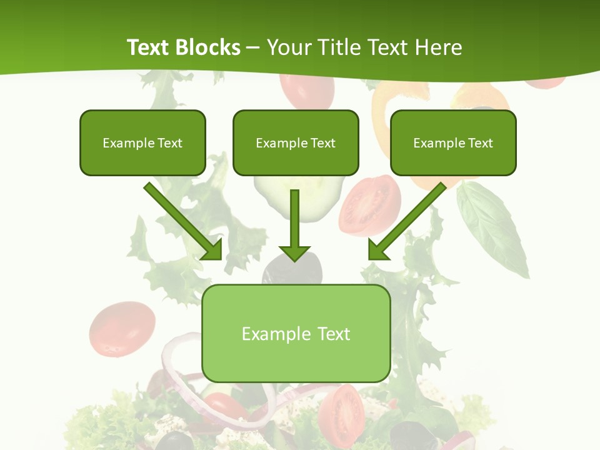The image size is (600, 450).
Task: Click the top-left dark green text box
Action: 142,142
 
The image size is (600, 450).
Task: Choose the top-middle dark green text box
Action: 296,142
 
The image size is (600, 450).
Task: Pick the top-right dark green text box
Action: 453,142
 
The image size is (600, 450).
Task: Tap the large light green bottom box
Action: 296,333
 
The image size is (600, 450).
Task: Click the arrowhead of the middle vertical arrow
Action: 295,252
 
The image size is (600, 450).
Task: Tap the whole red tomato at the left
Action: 122,328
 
